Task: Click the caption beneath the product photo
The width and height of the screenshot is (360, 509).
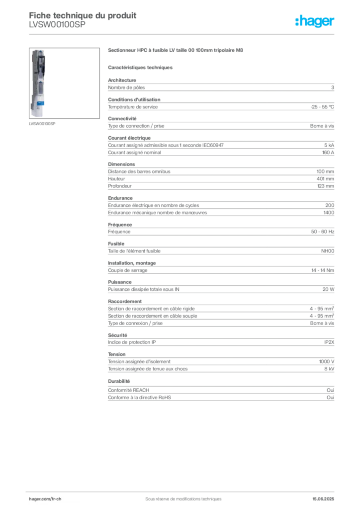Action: click(43, 124)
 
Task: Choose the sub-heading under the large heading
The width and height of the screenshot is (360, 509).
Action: click(141, 67)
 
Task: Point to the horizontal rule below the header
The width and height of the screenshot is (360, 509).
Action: click(182, 33)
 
